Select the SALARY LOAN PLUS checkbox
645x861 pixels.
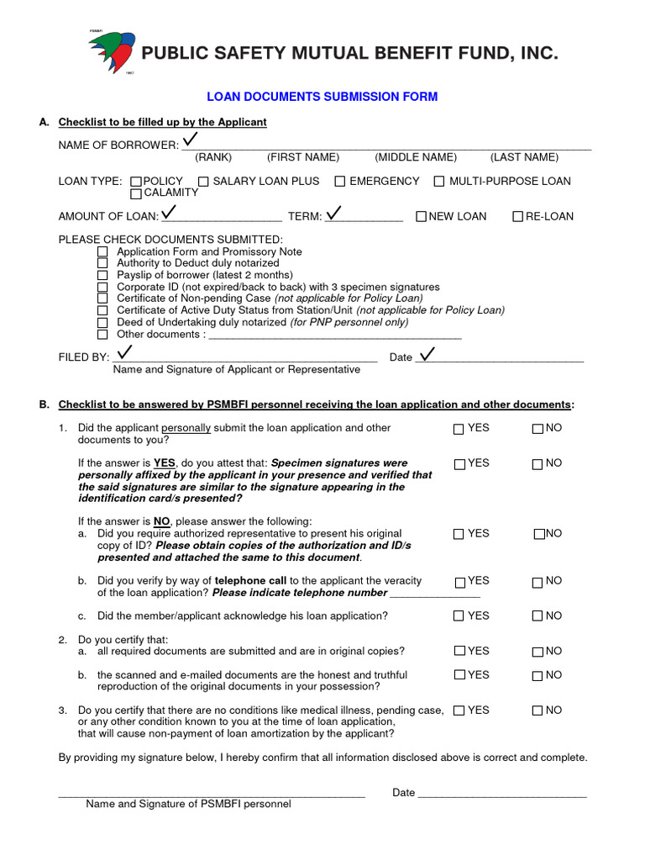click(203, 182)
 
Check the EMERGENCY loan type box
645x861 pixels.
click(340, 182)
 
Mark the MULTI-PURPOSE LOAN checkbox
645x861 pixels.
click(439, 182)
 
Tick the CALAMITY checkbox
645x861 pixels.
click(136, 194)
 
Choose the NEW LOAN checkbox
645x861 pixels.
click(421, 217)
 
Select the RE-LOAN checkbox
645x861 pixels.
click(517, 217)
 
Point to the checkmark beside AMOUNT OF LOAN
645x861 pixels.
click(169, 211)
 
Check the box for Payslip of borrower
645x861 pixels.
click(102, 276)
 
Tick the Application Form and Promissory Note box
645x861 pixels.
click(102, 252)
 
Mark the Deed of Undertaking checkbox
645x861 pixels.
click(102, 323)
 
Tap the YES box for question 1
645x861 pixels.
click(459, 429)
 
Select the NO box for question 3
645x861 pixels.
click(537, 711)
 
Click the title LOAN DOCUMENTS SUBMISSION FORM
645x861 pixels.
click(322, 98)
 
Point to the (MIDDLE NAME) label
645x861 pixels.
click(416, 157)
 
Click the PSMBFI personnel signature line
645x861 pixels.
click(211, 795)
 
